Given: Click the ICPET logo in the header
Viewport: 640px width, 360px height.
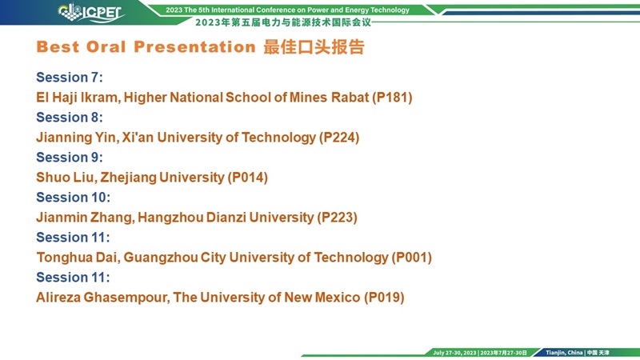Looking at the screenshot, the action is [91, 13].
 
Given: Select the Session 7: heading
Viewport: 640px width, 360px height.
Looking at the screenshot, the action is [70, 77].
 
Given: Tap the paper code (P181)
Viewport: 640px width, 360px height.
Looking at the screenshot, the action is [392, 98].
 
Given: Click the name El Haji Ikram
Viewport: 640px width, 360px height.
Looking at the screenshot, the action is [78, 98].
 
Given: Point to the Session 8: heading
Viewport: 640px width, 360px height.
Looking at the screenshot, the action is [70, 117].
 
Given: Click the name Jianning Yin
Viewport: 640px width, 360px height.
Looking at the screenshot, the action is [76, 138].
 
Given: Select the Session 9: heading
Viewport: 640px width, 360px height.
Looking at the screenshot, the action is [70, 157].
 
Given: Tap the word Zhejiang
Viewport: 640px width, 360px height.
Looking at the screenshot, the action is [129, 178].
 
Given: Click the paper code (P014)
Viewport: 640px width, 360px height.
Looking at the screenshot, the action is [248, 178].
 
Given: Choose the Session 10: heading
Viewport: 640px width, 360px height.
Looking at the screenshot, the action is [73, 197].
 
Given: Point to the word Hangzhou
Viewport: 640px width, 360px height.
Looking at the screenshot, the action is [170, 218].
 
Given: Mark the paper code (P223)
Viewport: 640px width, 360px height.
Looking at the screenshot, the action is [337, 218].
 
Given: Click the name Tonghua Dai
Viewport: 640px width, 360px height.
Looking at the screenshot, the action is [78, 258].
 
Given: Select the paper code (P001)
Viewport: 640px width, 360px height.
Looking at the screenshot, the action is [412, 258].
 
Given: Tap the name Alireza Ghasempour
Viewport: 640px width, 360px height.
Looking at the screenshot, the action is [102, 298].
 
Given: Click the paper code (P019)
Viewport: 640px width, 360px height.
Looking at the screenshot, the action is [384, 298].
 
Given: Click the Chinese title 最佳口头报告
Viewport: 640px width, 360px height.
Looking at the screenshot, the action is [314, 47].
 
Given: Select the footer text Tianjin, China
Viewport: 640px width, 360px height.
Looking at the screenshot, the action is [564, 353].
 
